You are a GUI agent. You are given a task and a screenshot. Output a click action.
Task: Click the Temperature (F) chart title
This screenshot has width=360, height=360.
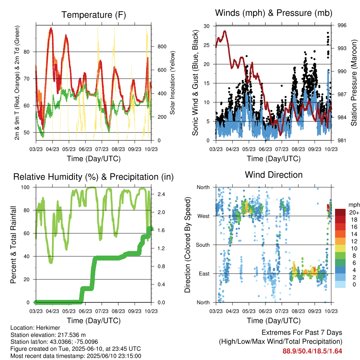[94, 15]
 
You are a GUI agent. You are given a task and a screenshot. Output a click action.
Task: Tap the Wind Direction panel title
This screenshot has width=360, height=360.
[274, 175]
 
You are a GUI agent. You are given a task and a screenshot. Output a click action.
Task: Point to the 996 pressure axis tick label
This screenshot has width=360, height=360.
[342, 25]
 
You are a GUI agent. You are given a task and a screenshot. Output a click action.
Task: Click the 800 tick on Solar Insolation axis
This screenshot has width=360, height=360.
[162, 47]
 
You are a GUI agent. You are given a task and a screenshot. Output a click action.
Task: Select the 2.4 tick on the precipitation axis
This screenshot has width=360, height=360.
[161, 194]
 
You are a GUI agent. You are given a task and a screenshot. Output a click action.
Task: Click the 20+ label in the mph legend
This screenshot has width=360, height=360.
[354, 212]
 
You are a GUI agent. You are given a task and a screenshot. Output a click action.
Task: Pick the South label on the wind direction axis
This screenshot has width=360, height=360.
[203, 245]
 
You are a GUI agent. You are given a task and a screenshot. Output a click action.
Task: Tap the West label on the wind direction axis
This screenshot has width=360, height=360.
[204, 216]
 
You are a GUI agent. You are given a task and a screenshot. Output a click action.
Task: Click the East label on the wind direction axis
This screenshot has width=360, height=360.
[204, 274]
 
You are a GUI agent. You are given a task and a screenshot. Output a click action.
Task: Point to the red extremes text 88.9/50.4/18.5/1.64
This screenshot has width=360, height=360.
[312, 351]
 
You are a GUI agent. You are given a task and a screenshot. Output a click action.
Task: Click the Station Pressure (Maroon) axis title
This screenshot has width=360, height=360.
[354, 83]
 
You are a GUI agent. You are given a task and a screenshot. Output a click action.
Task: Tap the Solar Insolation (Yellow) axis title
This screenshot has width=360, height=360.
[172, 83]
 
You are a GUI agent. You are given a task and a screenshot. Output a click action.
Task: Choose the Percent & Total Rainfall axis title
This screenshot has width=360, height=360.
[13, 245]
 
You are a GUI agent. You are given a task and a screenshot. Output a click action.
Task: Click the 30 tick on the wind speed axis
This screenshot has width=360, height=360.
[206, 26]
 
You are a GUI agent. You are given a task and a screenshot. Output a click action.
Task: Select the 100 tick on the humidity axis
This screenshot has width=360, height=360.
[25, 187]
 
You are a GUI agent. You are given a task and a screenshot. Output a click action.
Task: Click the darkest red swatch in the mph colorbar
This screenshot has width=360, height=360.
[340, 212]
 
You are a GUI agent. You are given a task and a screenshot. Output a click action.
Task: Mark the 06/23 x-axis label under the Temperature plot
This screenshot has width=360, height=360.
[85, 149]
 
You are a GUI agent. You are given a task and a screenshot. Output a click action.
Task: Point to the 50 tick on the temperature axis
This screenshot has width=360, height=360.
[27, 133]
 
